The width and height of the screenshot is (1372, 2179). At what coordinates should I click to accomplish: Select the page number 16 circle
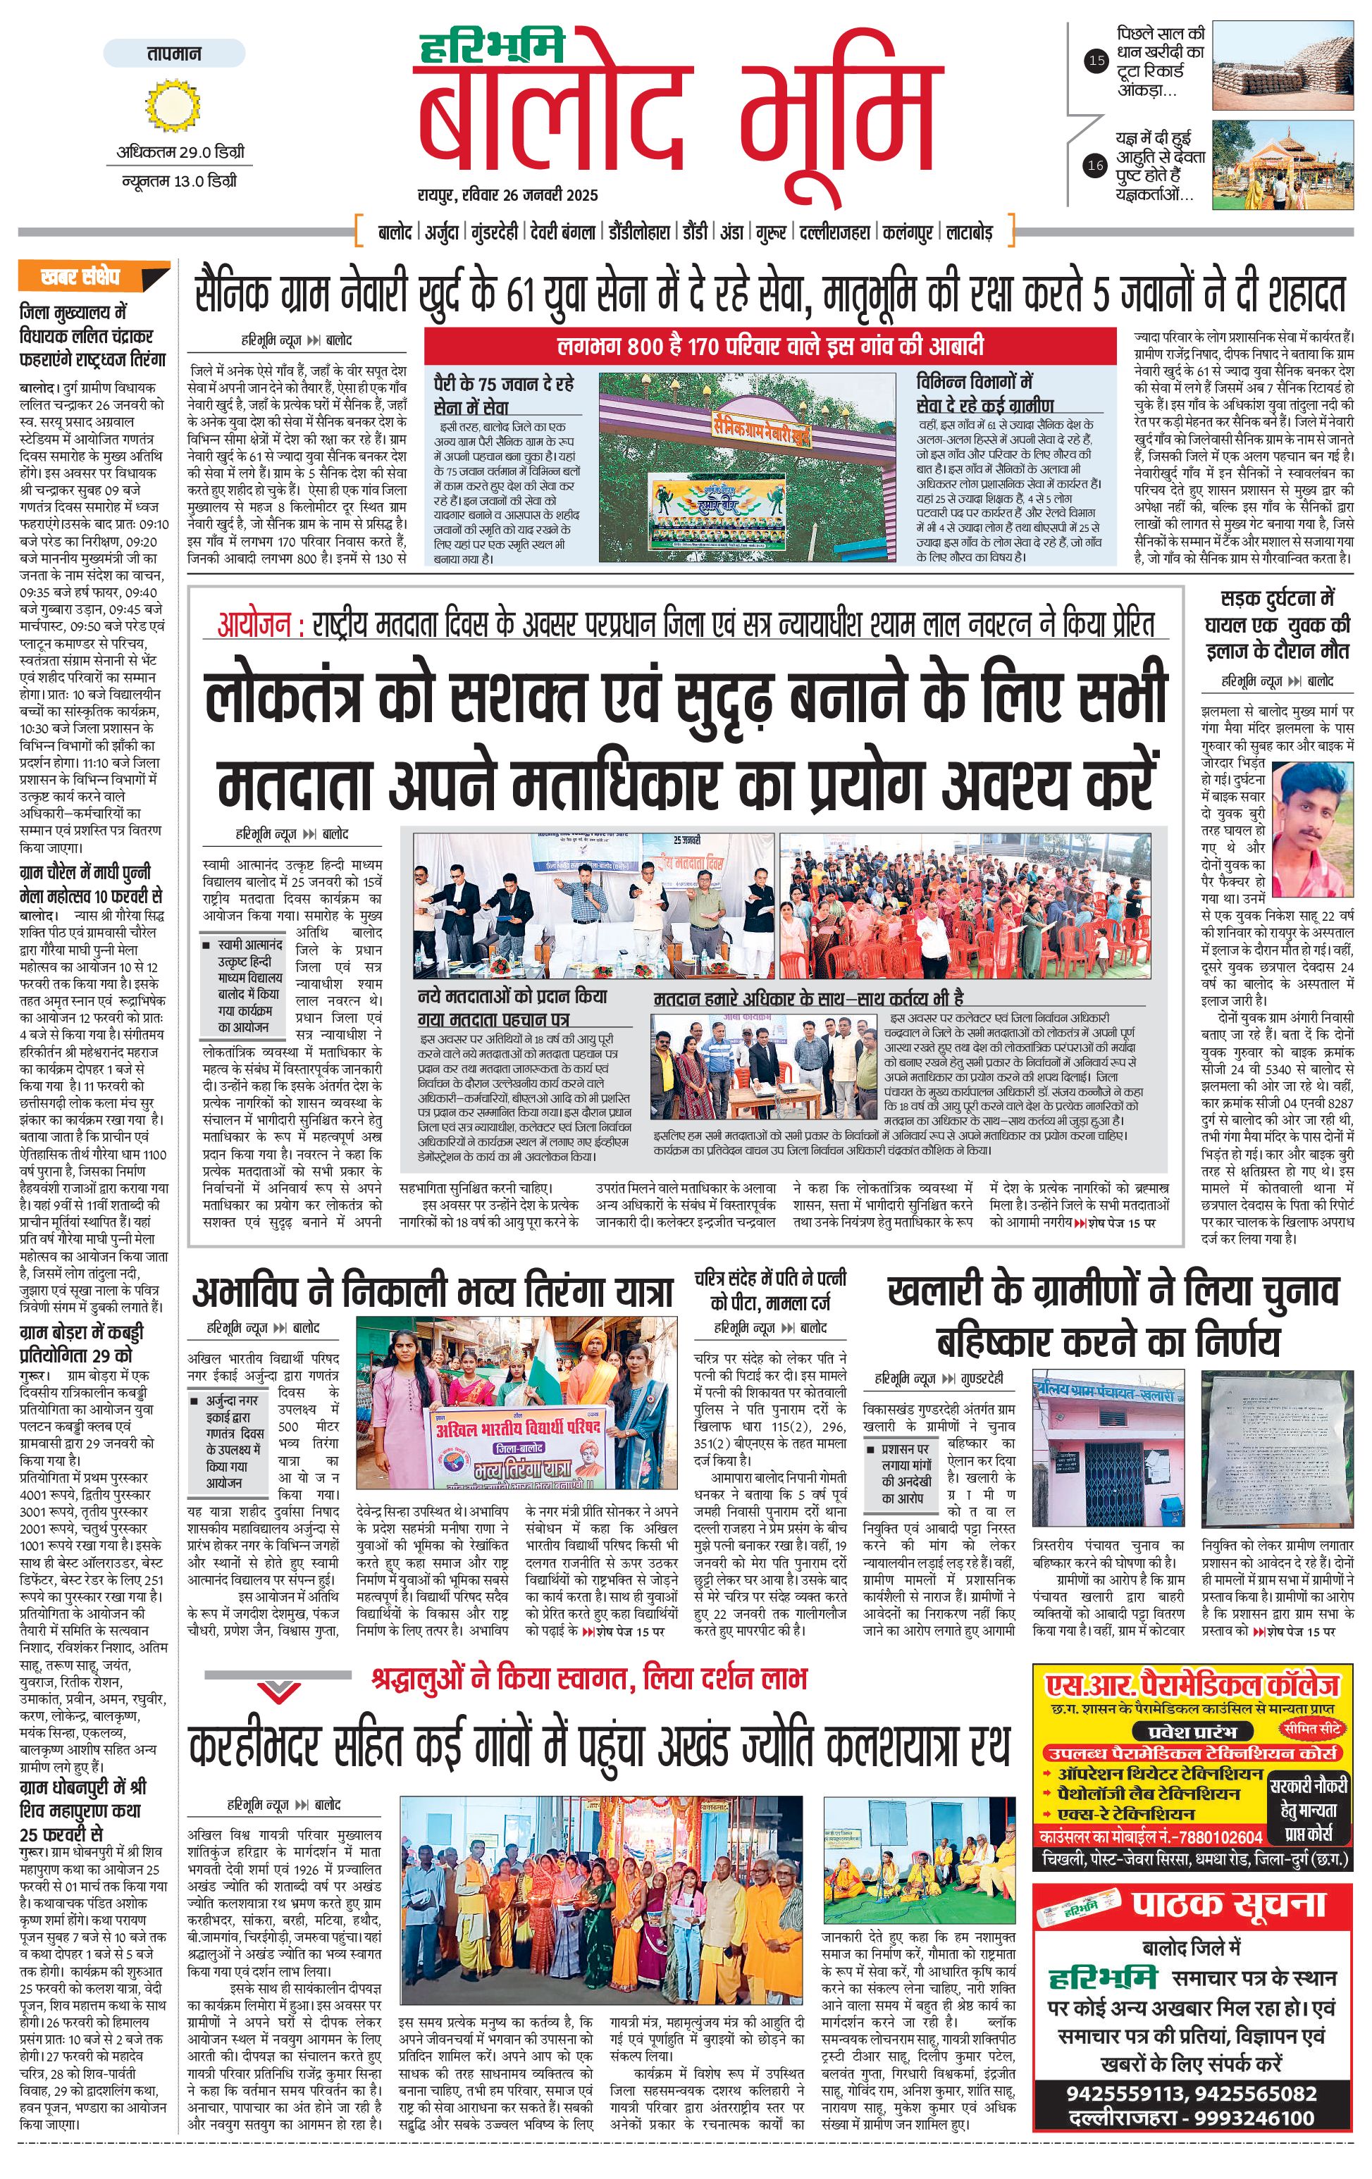(1096, 166)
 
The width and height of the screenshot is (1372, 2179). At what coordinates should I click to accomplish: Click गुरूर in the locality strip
(770, 232)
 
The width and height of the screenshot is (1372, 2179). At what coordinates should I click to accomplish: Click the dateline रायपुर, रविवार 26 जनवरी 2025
(507, 194)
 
